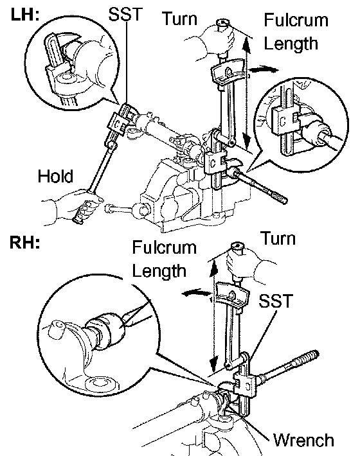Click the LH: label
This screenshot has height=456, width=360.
25,14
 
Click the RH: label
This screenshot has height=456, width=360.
24,242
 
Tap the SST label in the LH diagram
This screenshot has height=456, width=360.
126,13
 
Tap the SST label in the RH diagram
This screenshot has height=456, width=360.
276,301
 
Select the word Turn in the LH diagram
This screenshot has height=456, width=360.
179,19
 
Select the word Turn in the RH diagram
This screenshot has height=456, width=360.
278,238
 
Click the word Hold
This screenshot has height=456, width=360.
55,176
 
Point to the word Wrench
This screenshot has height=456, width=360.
303,440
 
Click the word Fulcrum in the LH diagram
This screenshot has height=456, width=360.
296,20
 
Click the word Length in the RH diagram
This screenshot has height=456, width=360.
159,270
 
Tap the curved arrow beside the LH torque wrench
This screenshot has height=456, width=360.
264,70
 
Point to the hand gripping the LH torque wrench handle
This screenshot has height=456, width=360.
215,40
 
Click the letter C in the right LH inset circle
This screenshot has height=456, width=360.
282,121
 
